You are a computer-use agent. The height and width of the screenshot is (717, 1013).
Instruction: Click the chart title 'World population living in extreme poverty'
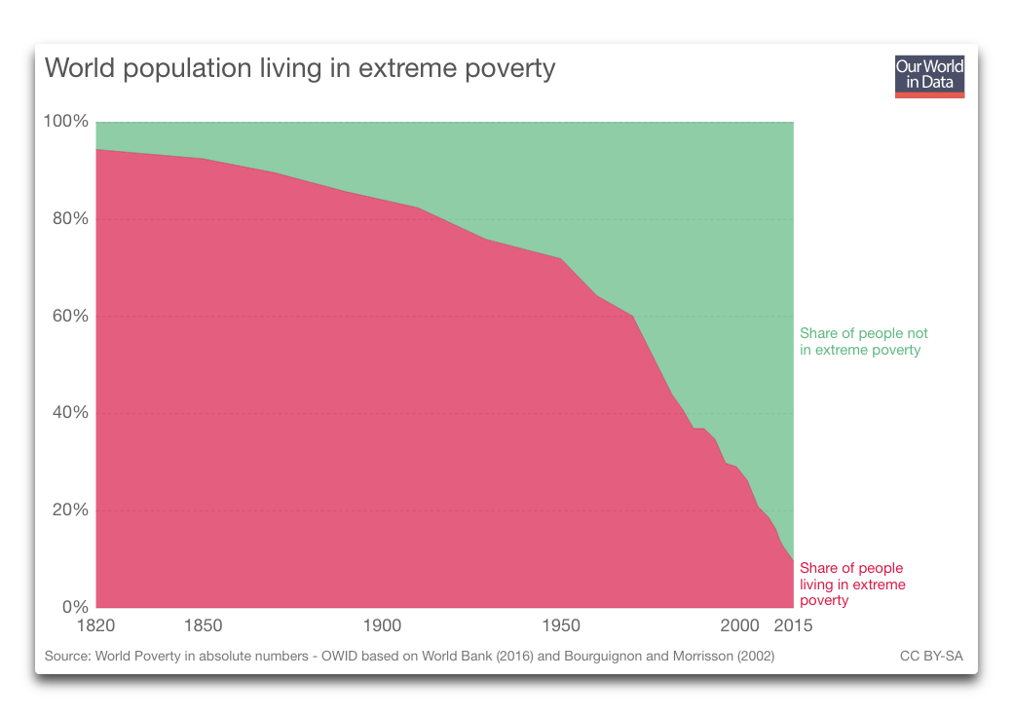point(300,69)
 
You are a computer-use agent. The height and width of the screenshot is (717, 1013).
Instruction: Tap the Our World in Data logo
point(929,76)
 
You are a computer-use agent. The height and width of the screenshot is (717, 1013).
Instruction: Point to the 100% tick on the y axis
point(66,122)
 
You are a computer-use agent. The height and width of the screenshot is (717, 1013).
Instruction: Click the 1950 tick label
point(561,625)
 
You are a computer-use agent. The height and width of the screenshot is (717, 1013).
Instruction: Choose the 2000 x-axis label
point(739,625)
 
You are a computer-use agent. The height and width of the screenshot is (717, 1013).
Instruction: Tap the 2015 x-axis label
point(793,625)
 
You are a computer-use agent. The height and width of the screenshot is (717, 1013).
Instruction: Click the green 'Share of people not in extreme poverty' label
point(863,342)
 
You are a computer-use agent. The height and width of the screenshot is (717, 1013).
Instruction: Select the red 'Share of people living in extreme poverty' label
point(852,585)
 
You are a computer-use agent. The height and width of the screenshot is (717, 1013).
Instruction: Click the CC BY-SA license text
point(931,657)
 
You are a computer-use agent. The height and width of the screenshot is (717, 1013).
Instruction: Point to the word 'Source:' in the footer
point(67,657)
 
